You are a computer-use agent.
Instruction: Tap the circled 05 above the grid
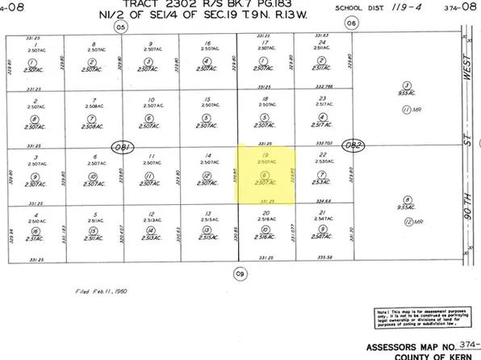121,26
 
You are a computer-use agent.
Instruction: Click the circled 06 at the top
351,23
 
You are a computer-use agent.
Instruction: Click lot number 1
33,43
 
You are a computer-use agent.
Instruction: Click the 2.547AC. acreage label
321,219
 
